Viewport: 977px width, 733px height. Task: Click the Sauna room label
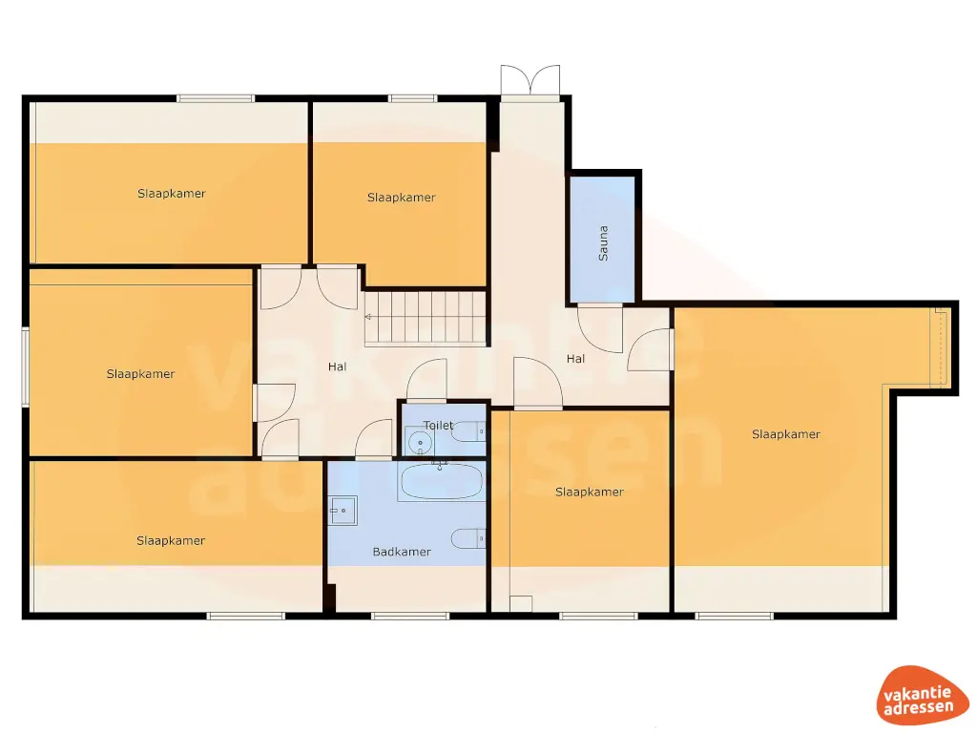[x=603, y=243]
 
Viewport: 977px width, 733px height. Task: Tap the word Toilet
[x=439, y=425]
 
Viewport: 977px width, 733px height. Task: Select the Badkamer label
[x=402, y=552]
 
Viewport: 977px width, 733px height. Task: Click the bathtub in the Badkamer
[x=442, y=482]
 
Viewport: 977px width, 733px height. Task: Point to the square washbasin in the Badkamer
[x=343, y=511]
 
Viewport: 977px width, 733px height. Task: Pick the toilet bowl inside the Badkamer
[x=468, y=538]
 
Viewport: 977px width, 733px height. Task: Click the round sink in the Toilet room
[x=419, y=443]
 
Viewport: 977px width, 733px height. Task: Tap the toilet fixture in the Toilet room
[x=468, y=432]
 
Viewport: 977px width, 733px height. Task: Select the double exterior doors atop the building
[x=530, y=81]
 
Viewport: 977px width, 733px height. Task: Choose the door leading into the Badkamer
[x=374, y=440]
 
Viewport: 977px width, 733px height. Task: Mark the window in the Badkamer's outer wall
[x=409, y=616]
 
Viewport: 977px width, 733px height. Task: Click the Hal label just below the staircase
[x=337, y=366]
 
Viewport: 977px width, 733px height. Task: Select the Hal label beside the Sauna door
[x=575, y=359]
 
